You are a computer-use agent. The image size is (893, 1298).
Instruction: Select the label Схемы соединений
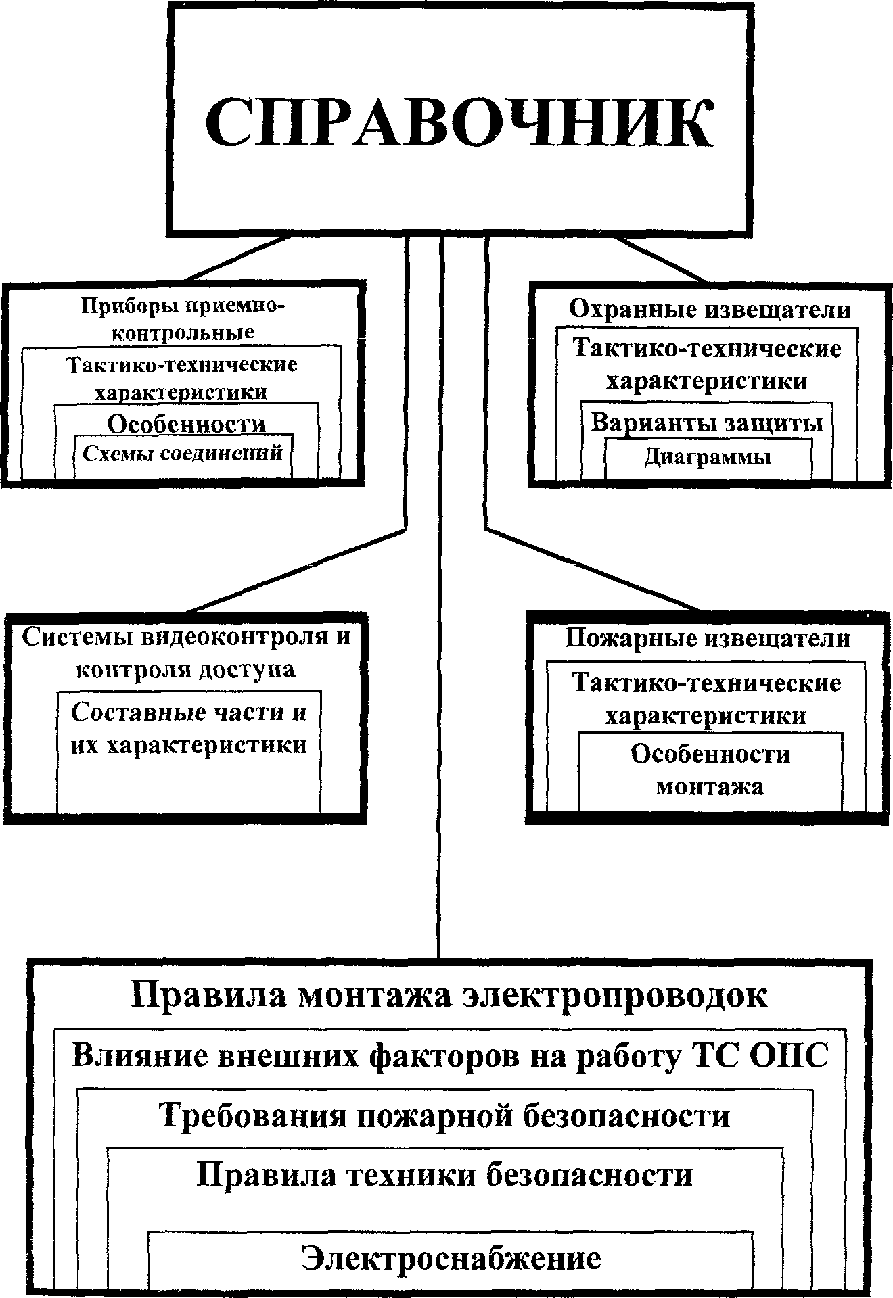click(183, 453)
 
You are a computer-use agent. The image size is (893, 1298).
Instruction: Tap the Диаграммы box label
click(707, 458)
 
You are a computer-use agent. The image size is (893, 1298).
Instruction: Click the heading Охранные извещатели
click(710, 310)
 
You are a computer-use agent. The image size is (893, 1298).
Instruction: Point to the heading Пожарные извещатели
click(707, 638)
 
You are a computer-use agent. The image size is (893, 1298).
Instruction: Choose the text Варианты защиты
click(707, 423)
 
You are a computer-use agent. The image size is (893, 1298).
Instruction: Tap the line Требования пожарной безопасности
click(444, 1115)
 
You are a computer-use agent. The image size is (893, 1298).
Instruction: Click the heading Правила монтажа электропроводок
click(449, 996)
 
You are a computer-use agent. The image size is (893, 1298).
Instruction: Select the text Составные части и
click(189, 713)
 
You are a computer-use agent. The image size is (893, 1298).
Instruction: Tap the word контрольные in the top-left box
click(183, 333)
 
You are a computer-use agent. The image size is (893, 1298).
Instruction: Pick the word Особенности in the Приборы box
click(186, 424)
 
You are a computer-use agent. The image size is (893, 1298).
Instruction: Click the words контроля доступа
click(185, 669)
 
